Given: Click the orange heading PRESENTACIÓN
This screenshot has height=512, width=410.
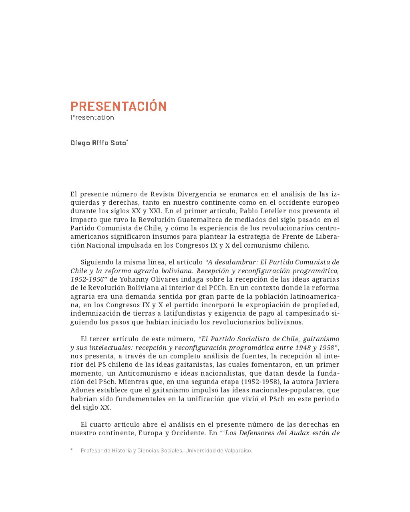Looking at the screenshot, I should [118, 106].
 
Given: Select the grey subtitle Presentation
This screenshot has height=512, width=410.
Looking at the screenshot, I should [92, 117].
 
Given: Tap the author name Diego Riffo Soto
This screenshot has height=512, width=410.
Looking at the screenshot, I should [98, 143].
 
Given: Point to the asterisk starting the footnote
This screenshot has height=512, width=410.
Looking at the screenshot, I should [72, 450].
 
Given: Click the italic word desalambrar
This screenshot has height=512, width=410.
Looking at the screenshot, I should [235, 262].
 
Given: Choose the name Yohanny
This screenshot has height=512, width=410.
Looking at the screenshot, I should [134, 279].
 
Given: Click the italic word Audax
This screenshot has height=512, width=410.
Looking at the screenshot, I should [299, 433].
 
